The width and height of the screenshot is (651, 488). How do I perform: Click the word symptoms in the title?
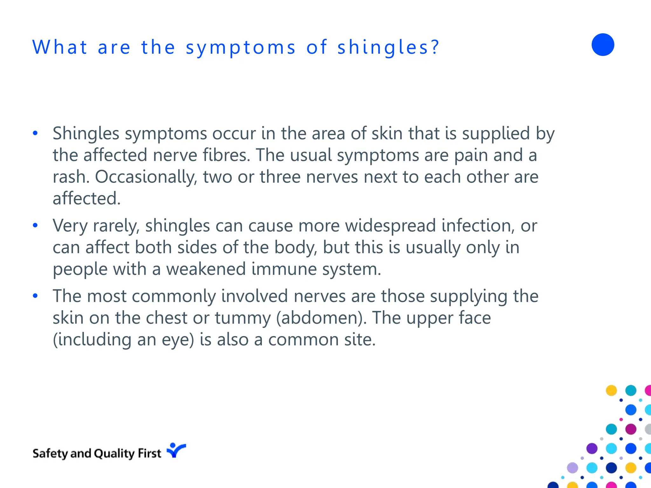tap(241, 48)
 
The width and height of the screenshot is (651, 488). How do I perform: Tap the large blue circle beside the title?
tap(603, 45)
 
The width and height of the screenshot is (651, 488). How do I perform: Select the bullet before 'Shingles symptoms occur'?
tap(35, 133)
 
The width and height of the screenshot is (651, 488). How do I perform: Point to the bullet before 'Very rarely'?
tap(35, 226)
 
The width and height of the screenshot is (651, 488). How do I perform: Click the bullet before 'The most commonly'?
tap(35, 296)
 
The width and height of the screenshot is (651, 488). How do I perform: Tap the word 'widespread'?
tap(390, 226)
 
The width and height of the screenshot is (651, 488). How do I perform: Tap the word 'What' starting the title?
tap(60, 47)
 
